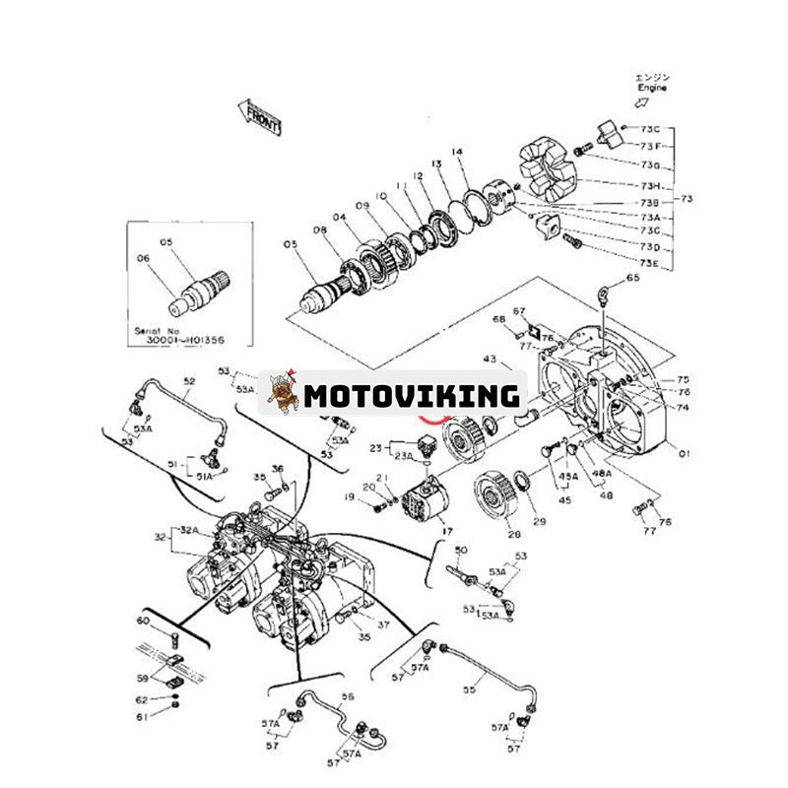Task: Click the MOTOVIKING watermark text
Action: [411, 396]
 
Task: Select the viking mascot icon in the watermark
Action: [284, 394]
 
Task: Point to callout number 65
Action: [632, 279]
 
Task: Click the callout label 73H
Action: [650, 186]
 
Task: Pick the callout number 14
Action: [456, 152]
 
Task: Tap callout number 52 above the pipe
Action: [189, 381]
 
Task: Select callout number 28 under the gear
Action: [513, 534]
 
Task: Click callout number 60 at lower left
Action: [143, 621]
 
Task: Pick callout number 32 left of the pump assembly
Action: [160, 537]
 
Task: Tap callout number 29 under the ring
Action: [538, 520]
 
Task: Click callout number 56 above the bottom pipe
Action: [347, 695]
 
